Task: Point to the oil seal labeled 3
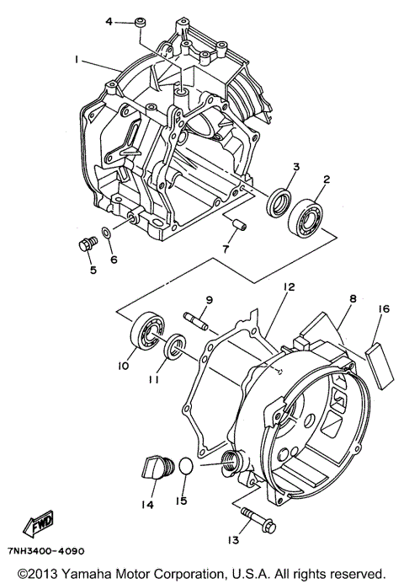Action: pyautogui.click(x=278, y=205)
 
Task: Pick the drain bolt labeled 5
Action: pyautogui.click(x=84, y=246)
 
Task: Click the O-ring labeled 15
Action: pyautogui.click(x=187, y=469)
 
